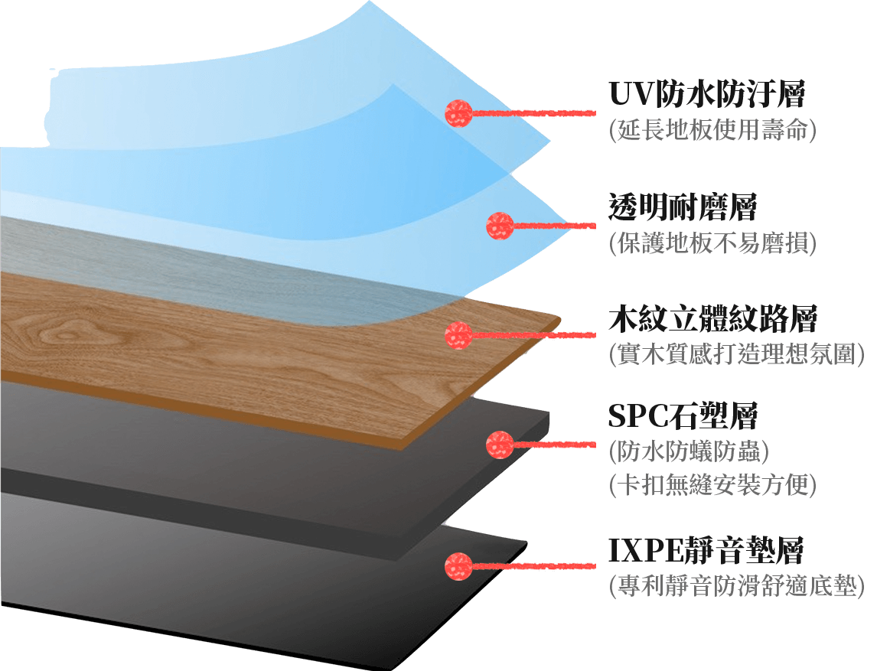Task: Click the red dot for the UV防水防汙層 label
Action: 458,113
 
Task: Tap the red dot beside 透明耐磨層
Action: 500,225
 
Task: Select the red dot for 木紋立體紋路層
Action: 458,334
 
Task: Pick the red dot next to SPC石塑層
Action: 500,444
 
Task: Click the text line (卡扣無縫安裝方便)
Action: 712,485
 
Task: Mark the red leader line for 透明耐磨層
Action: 554,225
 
